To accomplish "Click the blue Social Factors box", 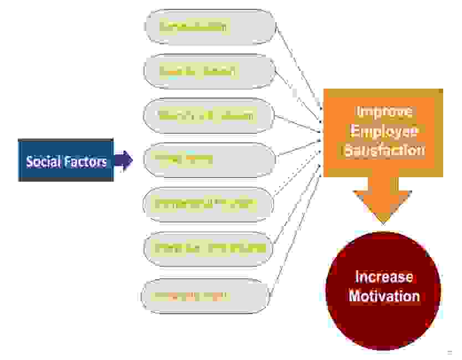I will tap(65, 161).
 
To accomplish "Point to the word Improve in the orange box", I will tap(384, 111).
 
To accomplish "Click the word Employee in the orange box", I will tap(384, 131).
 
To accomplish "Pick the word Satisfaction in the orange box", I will tap(384, 150).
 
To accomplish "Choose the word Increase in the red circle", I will tap(384, 276).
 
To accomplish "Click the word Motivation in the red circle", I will tap(384, 296).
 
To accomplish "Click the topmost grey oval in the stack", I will tap(209, 26).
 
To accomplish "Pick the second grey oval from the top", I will tap(209, 71).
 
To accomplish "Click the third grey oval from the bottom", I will tap(208, 204).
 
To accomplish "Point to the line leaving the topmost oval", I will tap(299, 66).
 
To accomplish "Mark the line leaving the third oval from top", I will tap(299, 124).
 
